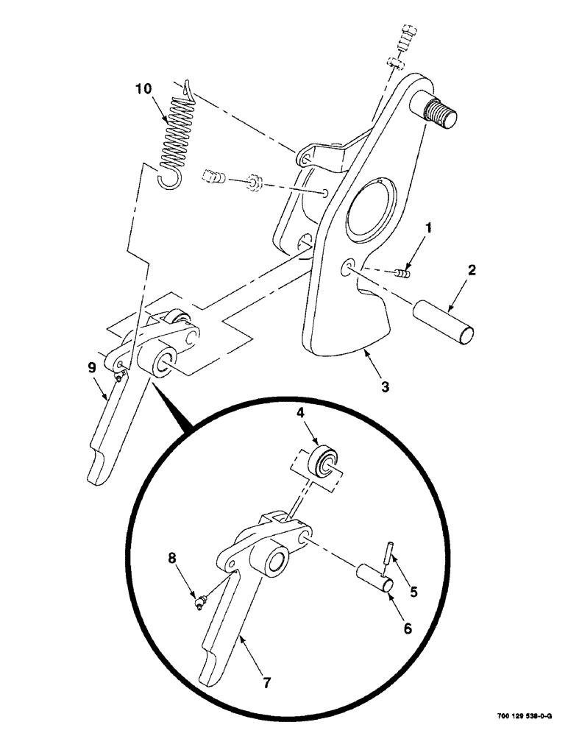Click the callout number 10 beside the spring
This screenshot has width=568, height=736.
click(x=144, y=89)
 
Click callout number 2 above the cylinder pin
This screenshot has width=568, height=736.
click(x=472, y=271)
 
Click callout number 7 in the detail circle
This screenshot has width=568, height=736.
click(x=266, y=682)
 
